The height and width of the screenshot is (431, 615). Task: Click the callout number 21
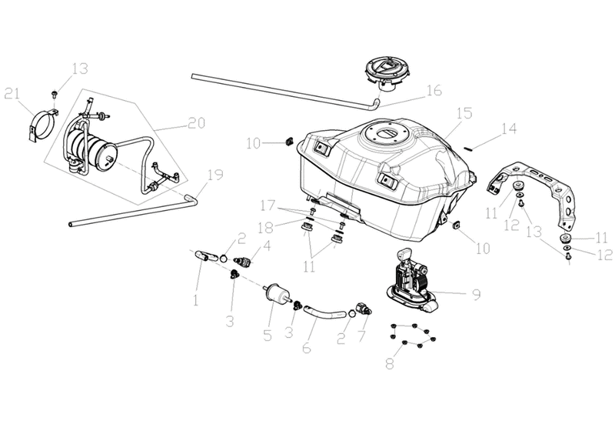pyautogui.click(x=12, y=95)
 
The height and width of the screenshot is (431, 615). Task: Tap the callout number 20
pyautogui.click(x=196, y=123)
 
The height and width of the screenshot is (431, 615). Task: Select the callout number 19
pyautogui.click(x=215, y=175)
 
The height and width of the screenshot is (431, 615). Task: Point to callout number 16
pyautogui.click(x=434, y=90)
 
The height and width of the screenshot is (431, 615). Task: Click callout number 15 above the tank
pyautogui.click(x=464, y=113)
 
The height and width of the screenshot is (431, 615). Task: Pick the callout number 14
pyautogui.click(x=509, y=129)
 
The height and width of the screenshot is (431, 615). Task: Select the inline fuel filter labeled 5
pyautogui.click(x=277, y=293)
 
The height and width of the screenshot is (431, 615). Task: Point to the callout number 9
pyautogui.click(x=476, y=295)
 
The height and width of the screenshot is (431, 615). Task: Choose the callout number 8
pyautogui.click(x=390, y=363)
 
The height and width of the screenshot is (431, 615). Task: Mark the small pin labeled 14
pyautogui.click(x=467, y=148)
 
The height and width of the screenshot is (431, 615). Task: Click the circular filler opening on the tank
pyautogui.click(x=383, y=135)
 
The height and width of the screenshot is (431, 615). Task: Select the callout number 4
pyautogui.click(x=267, y=246)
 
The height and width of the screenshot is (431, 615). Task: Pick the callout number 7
pyautogui.click(x=361, y=336)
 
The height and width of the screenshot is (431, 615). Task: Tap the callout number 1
pyautogui.click(x=196, y=300)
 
